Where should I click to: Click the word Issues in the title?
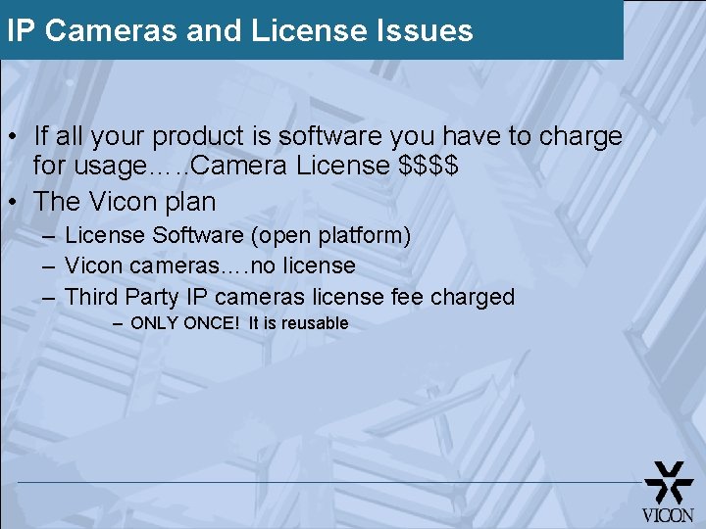click(425, 30)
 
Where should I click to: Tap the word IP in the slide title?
click(22, 30)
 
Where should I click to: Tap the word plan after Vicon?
click(187, 202)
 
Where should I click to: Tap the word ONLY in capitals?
click(153, 323)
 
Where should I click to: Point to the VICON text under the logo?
click(668, 514)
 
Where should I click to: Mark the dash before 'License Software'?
click(49, 236)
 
